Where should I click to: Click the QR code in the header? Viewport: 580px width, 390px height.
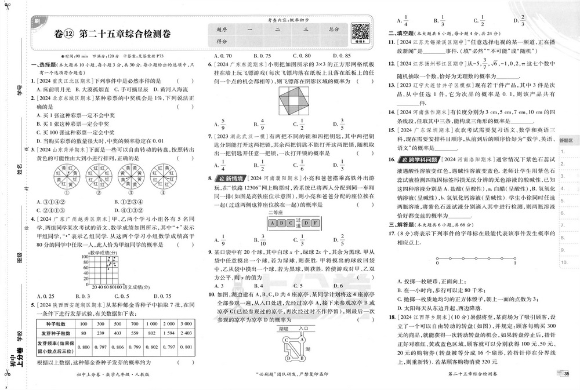tap(361, 32)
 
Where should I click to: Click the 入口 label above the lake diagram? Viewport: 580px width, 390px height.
tap(303, 328)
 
